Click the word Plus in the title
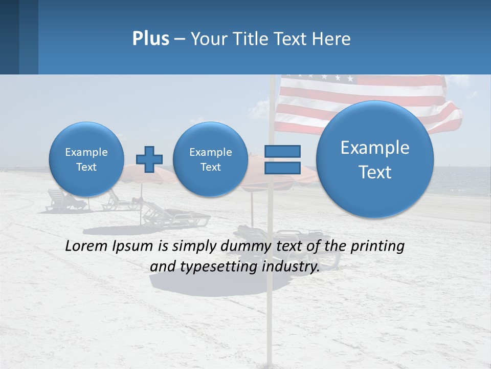click(150, 39)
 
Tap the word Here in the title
click(332, 39)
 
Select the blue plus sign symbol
click(149, 159)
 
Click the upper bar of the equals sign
click(282, 152)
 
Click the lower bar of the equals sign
click(282, 168)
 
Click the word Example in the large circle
click(375, 148)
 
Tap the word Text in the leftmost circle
click(86, 167)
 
